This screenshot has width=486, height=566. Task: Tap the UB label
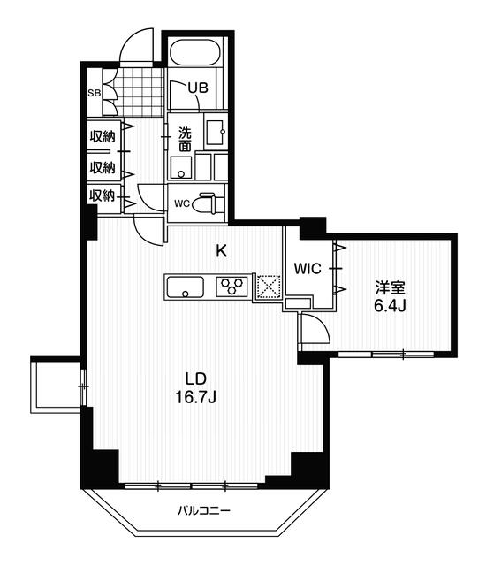pyautogui.click(x=198, y=88)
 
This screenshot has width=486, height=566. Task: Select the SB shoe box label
pyautogui.click(x=95, y=93)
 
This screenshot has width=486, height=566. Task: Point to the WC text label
pyautogui.click(x=182, y=203)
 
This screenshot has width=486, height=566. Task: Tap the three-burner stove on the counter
pyautogui.click(x=232, y=287)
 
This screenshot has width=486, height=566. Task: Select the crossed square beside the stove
pyautogui.click(x=268, y=287)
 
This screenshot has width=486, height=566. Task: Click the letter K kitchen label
pyautogui.click(x=222, y=251)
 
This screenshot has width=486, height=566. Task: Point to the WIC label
pyautogui.click(x=308, y=269)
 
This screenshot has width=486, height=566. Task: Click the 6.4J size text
pyautogui.click(x=390, y=306)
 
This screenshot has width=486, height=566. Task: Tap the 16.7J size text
pyautogui.click(x=195, y=397)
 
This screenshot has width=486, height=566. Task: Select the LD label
pyautogui.click(x=195, y=379)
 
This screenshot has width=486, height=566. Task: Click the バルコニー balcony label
pyautogui.click(x=204, y=511)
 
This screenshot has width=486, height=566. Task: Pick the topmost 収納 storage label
pyautogui.click(x=103, y=136)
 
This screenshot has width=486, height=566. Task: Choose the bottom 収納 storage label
pyautogui.click(x=102, y=195)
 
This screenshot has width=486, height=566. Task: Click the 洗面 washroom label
pyautogui.click(x=186, y=140)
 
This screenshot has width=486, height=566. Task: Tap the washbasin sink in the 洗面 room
pyautogui.click(x=216, y=132)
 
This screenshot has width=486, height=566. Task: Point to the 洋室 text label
pyautogui.click(x=390, y=288)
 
